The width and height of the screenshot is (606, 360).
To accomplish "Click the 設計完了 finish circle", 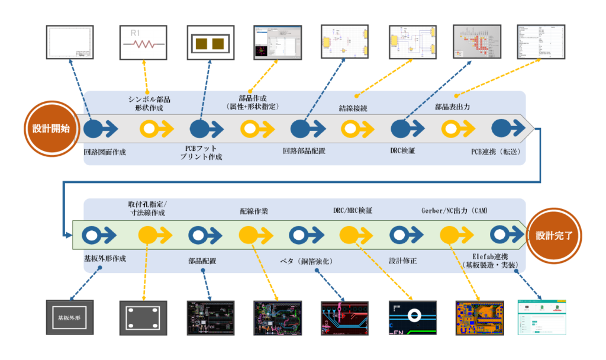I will click(553, 235).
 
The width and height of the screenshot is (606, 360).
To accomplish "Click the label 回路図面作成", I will click(105, 151).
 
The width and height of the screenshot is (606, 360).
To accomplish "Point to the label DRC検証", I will click(403, 151).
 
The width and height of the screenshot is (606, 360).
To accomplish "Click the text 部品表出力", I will click(452, 107).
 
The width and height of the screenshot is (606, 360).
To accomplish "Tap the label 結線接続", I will click(353, 108).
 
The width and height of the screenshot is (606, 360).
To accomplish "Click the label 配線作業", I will click(254, 211).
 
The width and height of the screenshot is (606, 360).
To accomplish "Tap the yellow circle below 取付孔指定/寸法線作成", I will click(147, 235).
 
